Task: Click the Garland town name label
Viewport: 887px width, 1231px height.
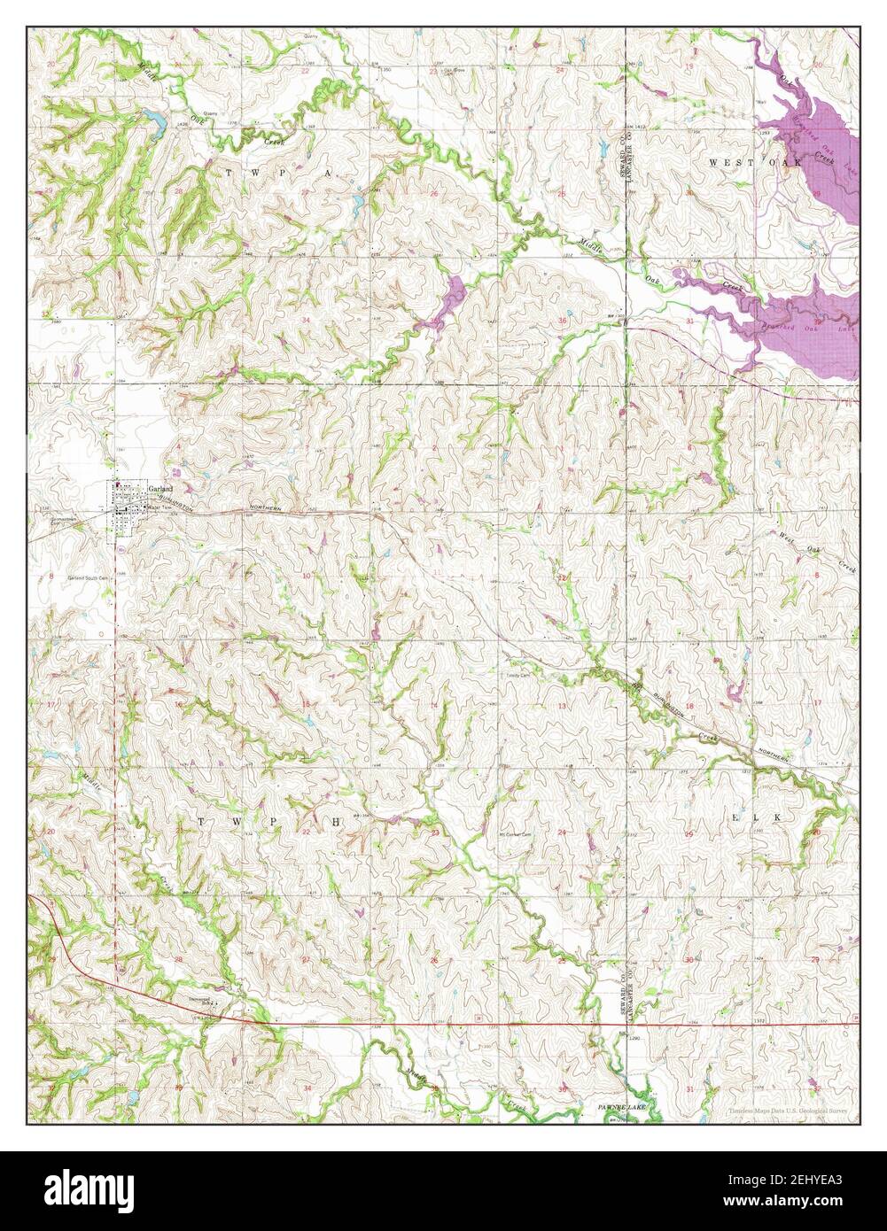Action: [160, 488]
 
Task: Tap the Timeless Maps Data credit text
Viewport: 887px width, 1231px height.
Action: [787, 1110]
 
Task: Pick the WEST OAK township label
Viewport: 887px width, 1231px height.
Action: [755, 163]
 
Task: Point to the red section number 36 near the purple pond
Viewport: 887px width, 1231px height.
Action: [562, 320]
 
